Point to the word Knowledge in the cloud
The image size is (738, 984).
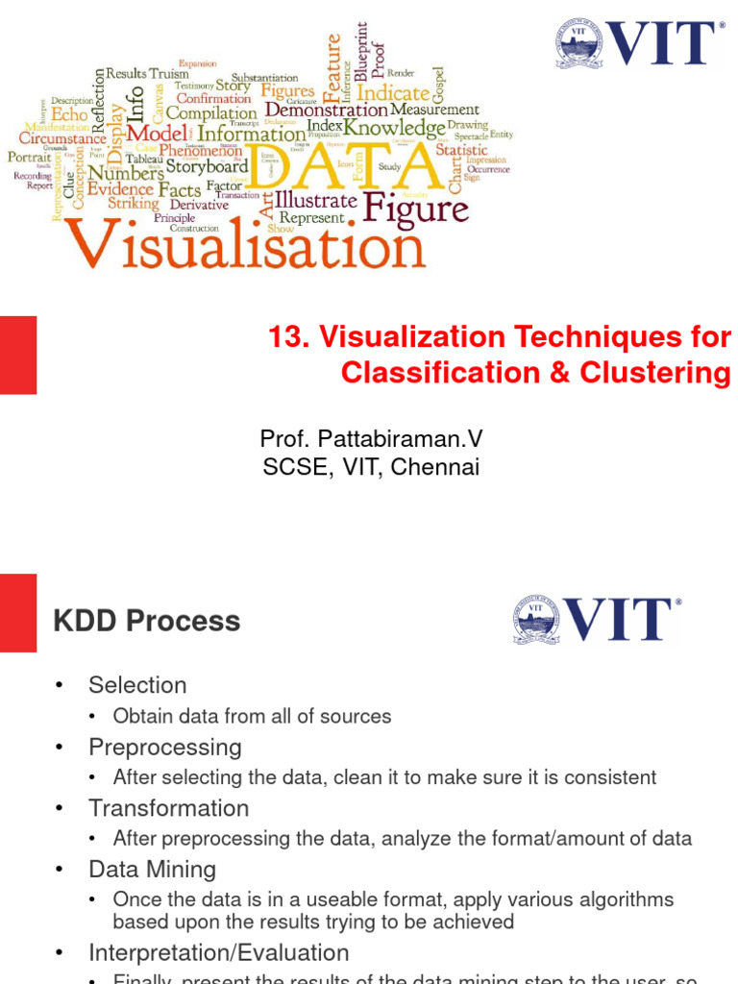point(394,128)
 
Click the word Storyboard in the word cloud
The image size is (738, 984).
point(207,166)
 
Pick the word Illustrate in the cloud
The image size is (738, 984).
point(316,201)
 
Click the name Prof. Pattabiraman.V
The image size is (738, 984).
point(371,439)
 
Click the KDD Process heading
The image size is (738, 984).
point(147,621)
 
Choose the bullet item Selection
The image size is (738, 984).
point(137,685)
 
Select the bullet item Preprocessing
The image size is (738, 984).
point(165,747)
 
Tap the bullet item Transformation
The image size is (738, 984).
point(168,808)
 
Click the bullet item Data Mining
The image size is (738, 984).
point(152,870)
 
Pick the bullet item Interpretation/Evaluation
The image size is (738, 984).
point(218,953)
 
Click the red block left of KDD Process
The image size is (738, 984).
point(18,613)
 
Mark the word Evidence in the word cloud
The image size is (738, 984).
point(120,189)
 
